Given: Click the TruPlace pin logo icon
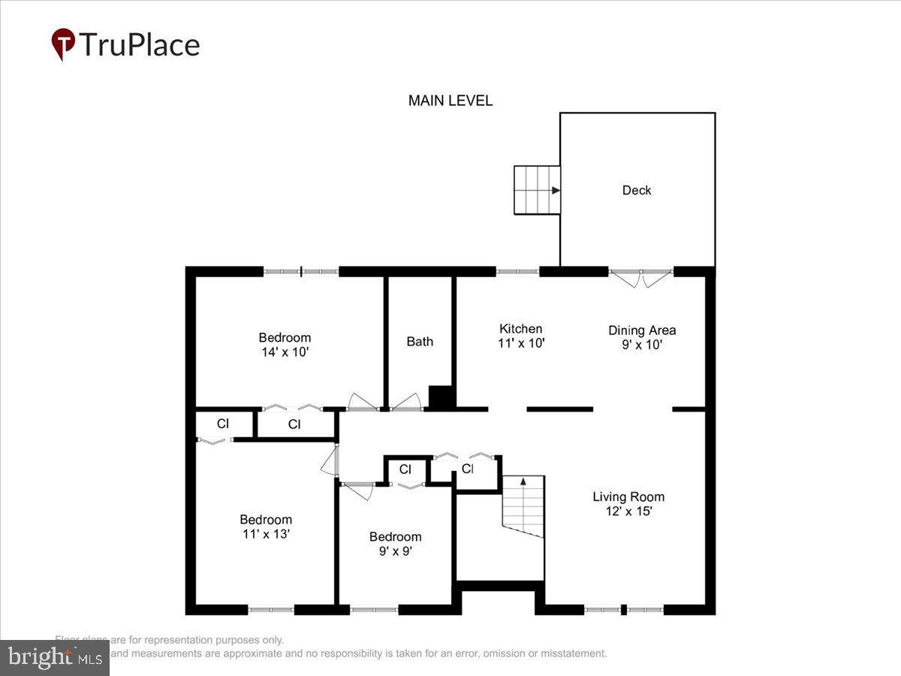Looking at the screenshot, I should point(63,44).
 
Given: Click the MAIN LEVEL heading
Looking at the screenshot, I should point(450,101).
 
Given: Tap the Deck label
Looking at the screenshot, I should point(637,191).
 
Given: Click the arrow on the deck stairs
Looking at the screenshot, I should point(555,191).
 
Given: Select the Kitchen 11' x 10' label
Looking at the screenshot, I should point(521,336).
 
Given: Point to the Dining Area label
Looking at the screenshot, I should point(642,337).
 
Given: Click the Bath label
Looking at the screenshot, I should point(420,342).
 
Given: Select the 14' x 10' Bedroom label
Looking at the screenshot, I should point(285,345).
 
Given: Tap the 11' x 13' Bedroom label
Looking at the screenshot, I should point(266,527).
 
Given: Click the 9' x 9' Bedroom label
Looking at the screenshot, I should point(395,544).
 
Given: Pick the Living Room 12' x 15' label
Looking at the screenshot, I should point(628,504).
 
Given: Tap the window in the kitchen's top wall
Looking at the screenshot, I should point(517,271).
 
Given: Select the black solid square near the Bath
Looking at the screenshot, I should point(441,397).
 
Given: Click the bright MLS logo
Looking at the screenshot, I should point(54,658).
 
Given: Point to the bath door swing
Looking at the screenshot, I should point(406,402).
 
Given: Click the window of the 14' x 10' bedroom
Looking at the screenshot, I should point(301,271).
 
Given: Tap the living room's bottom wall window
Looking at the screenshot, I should point(624,609).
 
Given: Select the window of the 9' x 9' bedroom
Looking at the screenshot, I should point(373,609).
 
